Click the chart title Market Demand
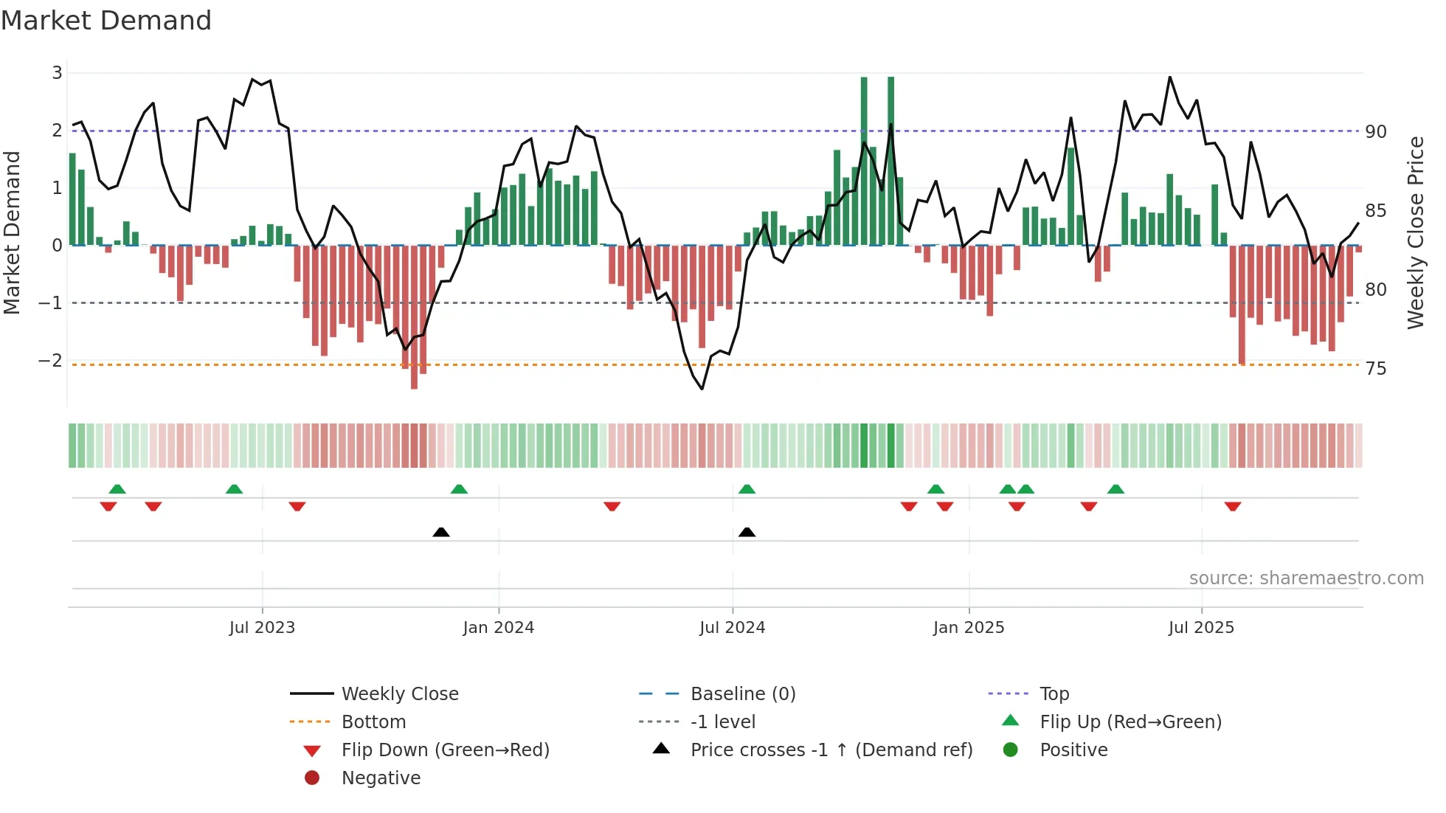pyautogui.click(x=106, y=21)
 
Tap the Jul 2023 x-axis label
pyautogui.click(x=262, y=628)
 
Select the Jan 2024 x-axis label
pyautogui.click(x=499, y=628)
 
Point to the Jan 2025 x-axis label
pyautogui.click(x=969, y=628)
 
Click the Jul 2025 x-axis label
pyautogui.click(x=1201, y=628)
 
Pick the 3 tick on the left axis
pyautogui.click(x=57, y=73)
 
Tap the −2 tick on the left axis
pyautogui.click(x=50, y=361)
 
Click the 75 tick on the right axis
pyautogui.click(x=1376, y=369)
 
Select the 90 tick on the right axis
pyautogui.click(x=1376, y=132)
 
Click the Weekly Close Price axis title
pyautogui.click(x=1415, y=232)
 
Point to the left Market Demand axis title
pyautogui.click(x=13, y=232)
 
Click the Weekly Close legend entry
pyautogui.click(x=399, y=694)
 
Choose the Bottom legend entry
pyautogui.click(x=373, y=722)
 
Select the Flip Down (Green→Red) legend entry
pyautogui.click(x=445, y=750)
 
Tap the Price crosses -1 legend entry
pyautogui.click(x=831, y=750)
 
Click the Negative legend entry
pyautogui.click(x=381, y=778)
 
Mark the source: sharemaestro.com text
pyautogui.click(x=1306, y=578)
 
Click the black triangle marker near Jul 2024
pyautogui.click(x=747, y=532)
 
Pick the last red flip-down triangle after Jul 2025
pyautogui.click(x=1232, y=507)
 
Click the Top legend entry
pyautogui.click(x=1054, y=694)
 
